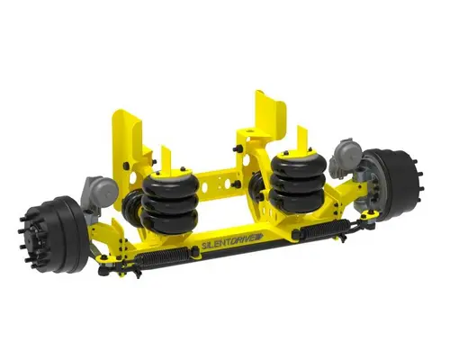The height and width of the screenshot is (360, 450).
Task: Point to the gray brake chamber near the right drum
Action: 346,155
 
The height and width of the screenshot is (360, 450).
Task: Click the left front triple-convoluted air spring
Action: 167,200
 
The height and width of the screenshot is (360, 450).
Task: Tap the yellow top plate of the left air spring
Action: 167,170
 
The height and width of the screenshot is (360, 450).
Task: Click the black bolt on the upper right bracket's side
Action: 236,139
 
